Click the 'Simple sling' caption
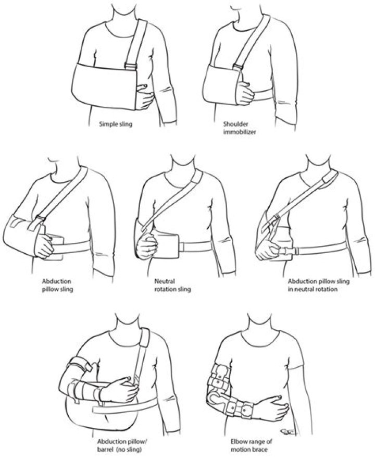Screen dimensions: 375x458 [x=116, y=124]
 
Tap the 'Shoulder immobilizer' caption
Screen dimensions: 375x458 [x=240, y=128]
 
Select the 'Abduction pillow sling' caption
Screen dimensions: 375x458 [x=57, y=286]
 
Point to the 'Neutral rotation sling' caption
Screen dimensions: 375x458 [x=172, y=286]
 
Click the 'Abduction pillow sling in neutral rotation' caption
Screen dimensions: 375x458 [x=319, y=286]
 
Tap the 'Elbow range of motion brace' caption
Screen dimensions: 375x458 [x=251, y=445]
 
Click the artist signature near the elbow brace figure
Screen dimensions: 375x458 [x=287, y=431]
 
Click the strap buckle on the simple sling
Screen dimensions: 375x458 [x=131, y=66]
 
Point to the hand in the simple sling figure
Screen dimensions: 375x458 [x=145, y=96]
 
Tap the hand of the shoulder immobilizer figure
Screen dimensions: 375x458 [x=245, y=92]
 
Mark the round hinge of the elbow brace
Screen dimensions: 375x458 [x=217, y=399]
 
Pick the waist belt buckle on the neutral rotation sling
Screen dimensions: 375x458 [x=182, y=246]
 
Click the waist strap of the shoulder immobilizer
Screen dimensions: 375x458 [x=264, y=95]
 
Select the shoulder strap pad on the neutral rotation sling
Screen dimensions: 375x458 [x=196, y=177]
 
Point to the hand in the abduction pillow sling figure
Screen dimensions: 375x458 [x=44, y=244]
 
